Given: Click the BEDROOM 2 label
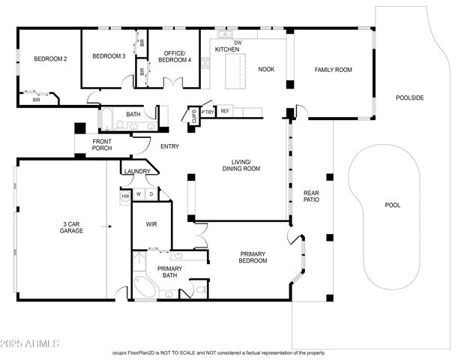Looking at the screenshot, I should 50,59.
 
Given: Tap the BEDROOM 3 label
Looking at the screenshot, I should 108,56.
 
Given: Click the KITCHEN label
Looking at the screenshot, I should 227,49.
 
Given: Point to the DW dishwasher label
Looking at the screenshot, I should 238,43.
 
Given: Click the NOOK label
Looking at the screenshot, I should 266,69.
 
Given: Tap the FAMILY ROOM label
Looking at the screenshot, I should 333,70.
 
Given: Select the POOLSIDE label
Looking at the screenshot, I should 410,97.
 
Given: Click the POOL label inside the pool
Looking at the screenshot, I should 392,205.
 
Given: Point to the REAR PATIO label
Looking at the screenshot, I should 312,196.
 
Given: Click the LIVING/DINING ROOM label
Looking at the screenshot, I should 241,165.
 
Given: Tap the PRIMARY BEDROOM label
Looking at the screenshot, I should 253,257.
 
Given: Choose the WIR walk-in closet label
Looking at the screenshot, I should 151,223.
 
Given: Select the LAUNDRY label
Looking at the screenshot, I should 138,172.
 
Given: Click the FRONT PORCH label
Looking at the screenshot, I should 102,145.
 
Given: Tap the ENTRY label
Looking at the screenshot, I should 170,146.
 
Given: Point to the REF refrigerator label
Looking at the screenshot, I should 224,111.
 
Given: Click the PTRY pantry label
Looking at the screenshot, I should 208,112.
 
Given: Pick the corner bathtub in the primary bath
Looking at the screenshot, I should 145,288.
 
